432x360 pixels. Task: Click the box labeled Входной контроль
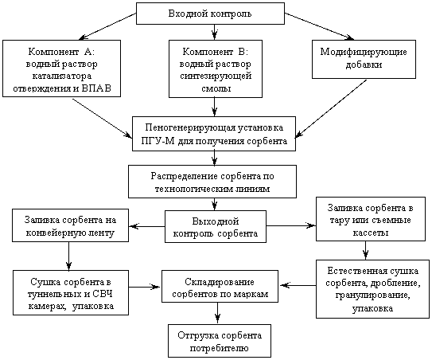tap(210, 14)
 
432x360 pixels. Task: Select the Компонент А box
tap(62, 68)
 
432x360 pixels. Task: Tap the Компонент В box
tap(216, 68)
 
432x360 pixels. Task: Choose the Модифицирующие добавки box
tap(364, 59)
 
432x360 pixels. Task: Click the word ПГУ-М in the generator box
tap(158, 141)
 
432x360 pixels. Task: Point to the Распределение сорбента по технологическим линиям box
tap(212, 182)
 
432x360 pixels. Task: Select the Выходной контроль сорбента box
tap(216, 227)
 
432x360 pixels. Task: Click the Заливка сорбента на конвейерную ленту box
tap(70, 225)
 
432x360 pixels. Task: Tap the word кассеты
tap(371, 233)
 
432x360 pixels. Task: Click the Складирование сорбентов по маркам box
tap(220, 287)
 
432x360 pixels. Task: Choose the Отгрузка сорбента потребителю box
tap(220, 341)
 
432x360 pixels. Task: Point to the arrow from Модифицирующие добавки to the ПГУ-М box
tap(331, 108)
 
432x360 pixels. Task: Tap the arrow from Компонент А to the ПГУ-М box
tap(102, 119)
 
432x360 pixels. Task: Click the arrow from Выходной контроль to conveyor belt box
tap(147, 226)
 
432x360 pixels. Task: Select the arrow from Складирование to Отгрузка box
tap(218, 313)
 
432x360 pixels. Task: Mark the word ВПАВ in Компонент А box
tap(96, 88)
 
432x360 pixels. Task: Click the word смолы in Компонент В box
tap(216, 88)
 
